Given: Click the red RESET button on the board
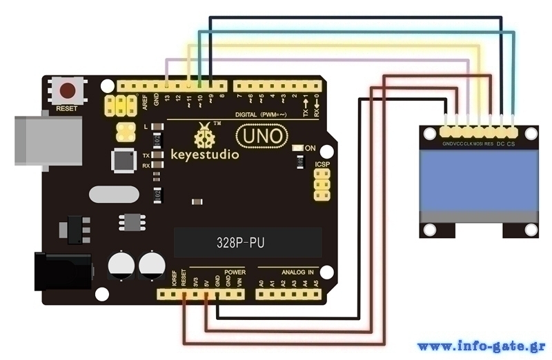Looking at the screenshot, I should click(68, 90).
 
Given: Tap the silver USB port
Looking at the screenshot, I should click(48, 141).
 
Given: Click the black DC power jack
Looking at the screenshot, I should click(63, 271).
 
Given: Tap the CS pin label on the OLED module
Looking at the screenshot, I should click(511, 144).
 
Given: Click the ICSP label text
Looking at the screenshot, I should click(322, 165).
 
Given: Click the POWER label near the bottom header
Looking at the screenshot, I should click(235, 272).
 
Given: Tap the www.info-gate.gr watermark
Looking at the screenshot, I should click(481, 346).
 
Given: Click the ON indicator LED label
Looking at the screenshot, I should click(310, 148).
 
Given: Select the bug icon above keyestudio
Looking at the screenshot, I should click(204, 137).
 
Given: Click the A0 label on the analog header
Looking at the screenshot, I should click(262, 283).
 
